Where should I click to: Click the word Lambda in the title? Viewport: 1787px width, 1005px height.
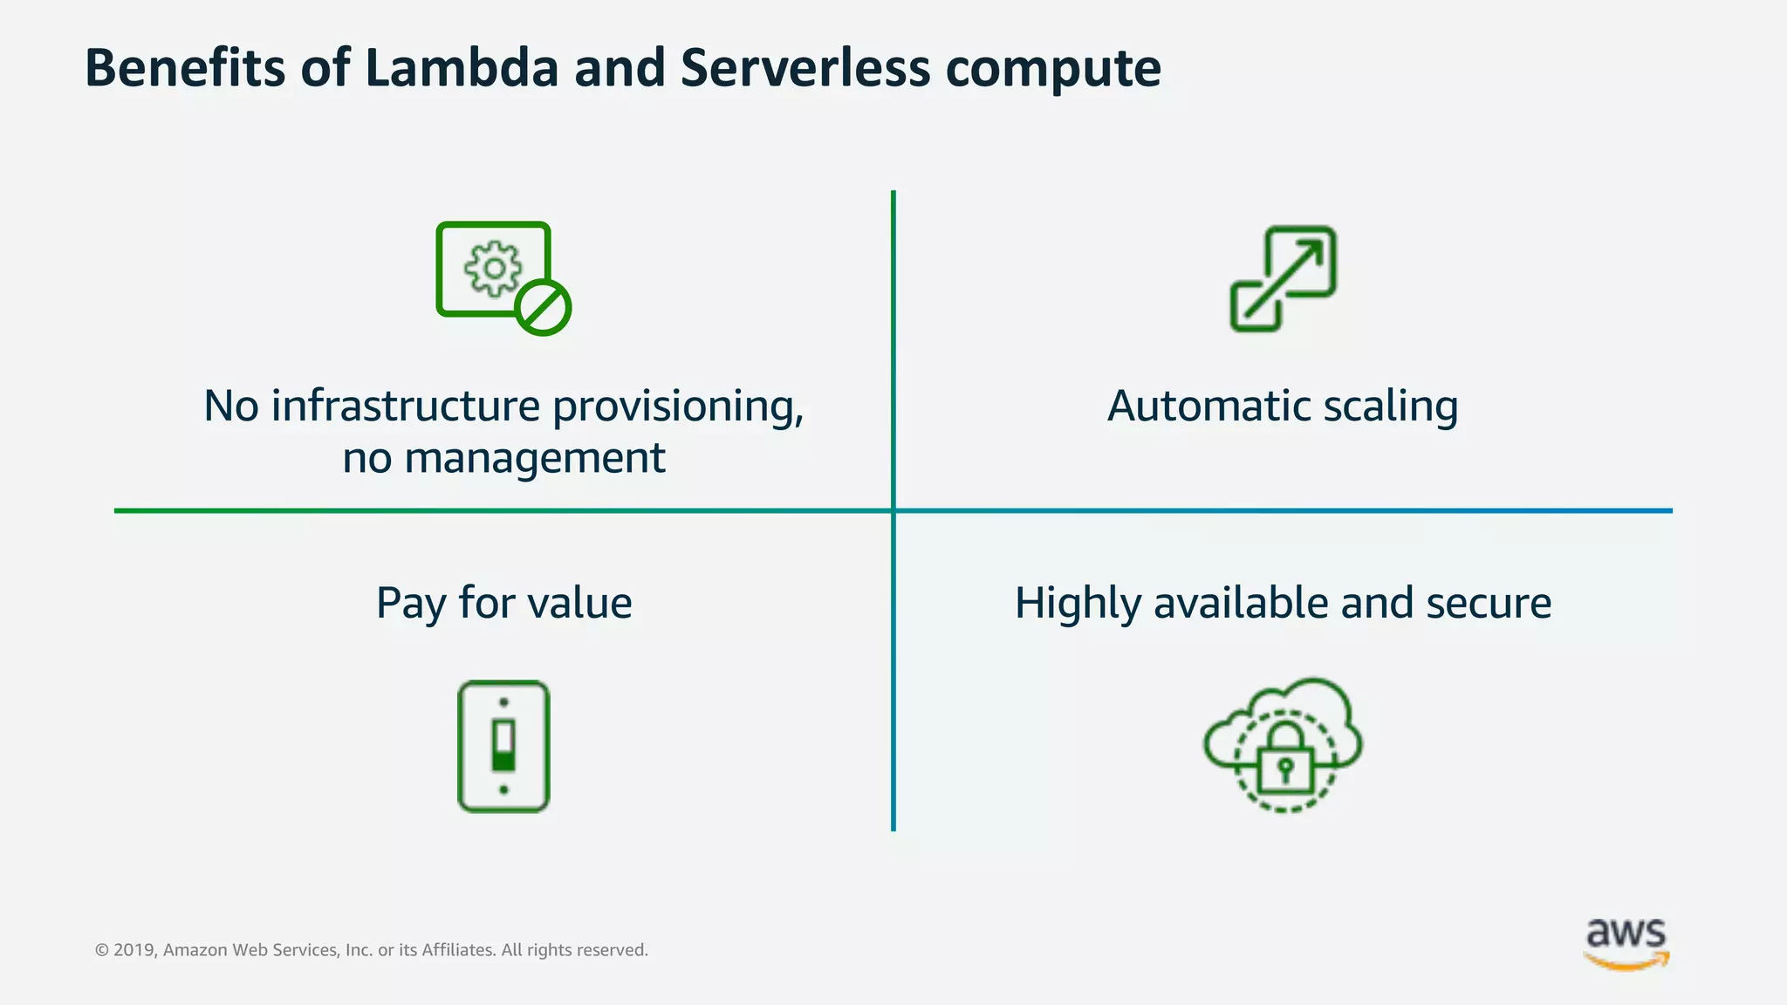(x=461, y=68)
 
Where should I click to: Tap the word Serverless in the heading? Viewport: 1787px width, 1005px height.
(x=805, y=68)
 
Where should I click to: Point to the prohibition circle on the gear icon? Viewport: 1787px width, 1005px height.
(x=543, y=308)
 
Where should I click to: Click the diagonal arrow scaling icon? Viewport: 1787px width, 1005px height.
(x=1283, y=278)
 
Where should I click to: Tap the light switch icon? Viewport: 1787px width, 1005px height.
(x=503, y=747)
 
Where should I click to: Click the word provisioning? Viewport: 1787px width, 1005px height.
(x=678, y=407)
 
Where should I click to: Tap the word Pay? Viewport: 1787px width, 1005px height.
(x=410, y=604)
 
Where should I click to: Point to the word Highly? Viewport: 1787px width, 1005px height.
(x=1078, y=604)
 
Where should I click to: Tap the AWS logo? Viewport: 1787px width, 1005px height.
(x=1626, y=943)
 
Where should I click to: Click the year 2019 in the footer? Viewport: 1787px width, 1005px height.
(x=134, y=950)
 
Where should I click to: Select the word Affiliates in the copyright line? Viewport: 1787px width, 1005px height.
(x=458, y=950)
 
